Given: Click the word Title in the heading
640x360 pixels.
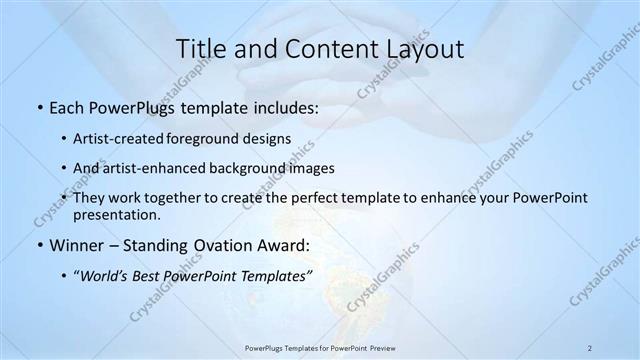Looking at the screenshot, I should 200,50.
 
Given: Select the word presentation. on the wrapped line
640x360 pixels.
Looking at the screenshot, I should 117,215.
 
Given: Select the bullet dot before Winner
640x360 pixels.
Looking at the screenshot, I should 39,245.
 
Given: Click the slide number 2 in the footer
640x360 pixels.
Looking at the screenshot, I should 590,347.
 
